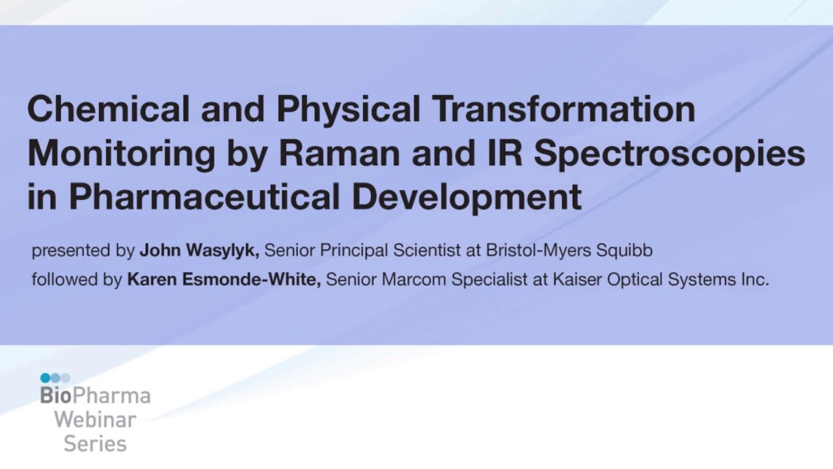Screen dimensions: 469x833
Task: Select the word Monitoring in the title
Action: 121,154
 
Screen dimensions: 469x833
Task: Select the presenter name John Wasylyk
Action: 200,251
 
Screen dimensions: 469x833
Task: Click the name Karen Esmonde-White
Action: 224,280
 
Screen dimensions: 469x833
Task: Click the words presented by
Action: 83,251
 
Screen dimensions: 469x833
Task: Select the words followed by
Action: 77,280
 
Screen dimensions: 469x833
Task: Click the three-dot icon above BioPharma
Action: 55,378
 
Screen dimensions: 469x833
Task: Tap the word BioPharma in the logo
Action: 95,396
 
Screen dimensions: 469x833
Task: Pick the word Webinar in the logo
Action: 95,420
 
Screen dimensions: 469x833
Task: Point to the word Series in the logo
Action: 95,444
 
